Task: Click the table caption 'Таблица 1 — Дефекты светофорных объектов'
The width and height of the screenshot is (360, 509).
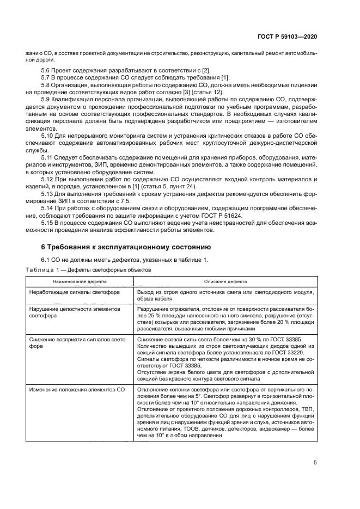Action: pos(85,269)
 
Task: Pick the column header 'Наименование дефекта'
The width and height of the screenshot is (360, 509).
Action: pos(80,282)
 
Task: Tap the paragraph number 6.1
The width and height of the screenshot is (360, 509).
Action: pos(47,259)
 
